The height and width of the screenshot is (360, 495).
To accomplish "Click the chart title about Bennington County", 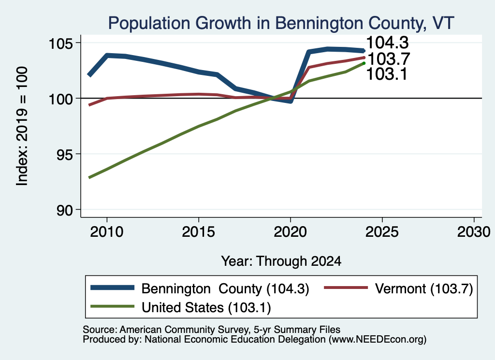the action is point(281,23).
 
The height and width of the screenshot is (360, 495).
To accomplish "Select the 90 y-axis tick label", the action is point(64,210).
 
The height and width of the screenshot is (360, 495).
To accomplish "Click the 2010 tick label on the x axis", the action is point(107,232).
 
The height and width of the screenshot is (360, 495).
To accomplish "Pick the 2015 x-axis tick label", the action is point(199,232).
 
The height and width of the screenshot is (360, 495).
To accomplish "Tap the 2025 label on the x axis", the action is point(382,232).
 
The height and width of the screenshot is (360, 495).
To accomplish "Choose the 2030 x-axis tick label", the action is point(474,232).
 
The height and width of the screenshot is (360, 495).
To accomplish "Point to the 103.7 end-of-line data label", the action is point(389,58).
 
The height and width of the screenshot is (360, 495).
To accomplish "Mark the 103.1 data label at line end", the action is point(387,74).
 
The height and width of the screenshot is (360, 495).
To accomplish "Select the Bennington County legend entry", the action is point(200,288).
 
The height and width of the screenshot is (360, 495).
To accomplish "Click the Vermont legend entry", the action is point(399,288).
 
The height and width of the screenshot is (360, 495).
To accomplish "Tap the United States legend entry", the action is point(181,307).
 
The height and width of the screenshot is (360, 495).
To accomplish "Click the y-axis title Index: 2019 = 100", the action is point(22,126).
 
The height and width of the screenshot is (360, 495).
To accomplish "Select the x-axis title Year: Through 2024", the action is point(281,261).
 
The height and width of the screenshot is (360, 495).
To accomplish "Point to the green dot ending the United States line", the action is point(364,63).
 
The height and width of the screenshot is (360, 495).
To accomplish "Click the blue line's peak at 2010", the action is point(107,56).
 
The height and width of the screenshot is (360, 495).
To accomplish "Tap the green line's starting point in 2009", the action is point(89,178).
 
